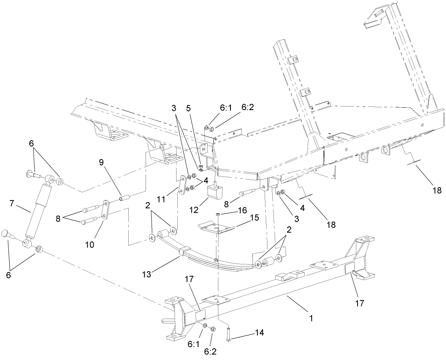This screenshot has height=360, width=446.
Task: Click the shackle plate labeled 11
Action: pos(183,185)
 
